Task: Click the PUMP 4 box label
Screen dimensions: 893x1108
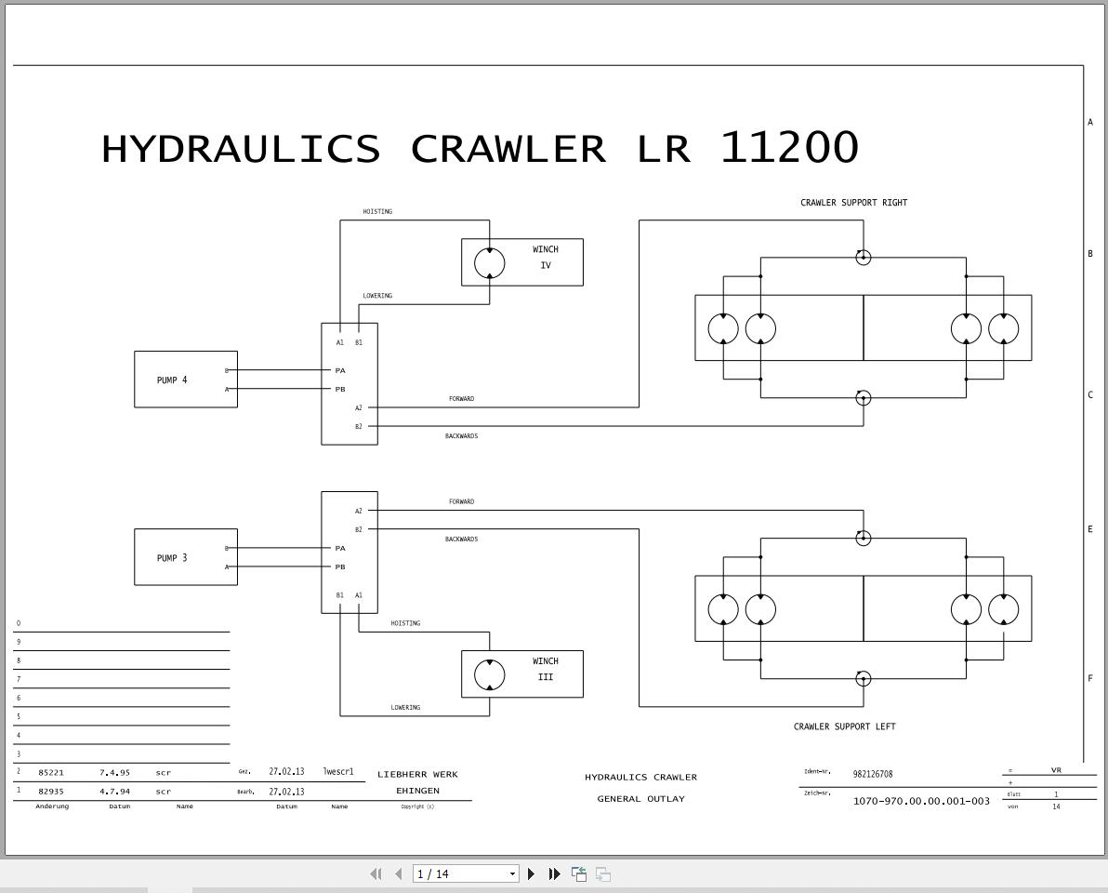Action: (172, 380)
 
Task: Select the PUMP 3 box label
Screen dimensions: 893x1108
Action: (172, 558)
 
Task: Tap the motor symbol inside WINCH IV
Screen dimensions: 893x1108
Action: (490, 263)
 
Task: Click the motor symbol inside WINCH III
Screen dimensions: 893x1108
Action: (490, 674)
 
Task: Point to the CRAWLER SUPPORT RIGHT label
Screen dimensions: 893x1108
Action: (853, 203)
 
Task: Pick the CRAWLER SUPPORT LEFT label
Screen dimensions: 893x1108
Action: (844, 726)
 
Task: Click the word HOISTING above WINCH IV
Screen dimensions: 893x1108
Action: (377, 212)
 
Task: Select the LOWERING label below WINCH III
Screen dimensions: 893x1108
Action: (405, 708)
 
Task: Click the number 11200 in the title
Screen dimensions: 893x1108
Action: (789, 148)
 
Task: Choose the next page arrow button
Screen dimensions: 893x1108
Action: (532, 873)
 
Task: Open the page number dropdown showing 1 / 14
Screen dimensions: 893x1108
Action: (465, 873)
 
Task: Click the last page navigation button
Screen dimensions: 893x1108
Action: (554, 873)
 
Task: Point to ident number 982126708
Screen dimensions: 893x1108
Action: (872, 774)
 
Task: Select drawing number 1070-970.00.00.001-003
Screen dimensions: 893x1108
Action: (920, 801)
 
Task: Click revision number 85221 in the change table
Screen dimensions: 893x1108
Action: (51, 773)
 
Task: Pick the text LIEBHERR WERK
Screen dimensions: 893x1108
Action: (417, 774)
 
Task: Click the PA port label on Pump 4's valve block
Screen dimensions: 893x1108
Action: (340, 370)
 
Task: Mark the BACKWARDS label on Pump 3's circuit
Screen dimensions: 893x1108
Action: (461, 540)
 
